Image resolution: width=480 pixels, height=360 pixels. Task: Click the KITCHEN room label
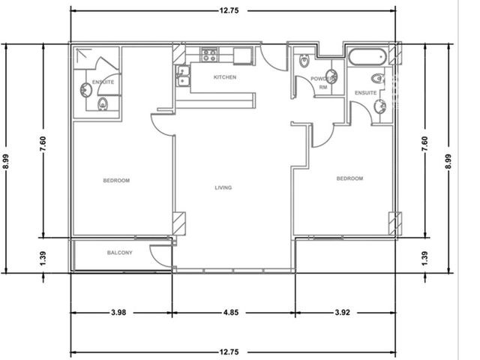coord(225,77)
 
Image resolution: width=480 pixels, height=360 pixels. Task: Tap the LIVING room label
coord(223,187)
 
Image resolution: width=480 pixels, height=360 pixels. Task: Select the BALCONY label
coord(120,253)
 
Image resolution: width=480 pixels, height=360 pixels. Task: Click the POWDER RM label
coord(323,83)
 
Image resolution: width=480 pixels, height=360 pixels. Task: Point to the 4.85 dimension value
coord(230,313)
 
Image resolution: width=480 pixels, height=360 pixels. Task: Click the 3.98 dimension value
coord(118,313)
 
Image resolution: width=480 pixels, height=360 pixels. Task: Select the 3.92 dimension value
coord(342,313)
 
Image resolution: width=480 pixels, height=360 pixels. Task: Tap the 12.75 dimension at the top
coord(229,10)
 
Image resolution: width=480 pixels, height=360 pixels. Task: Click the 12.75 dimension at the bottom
coord(229,352)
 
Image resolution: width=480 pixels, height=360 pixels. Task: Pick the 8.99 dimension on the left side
coord(6,161)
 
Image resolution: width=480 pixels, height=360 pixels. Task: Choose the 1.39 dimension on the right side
coord(424,259)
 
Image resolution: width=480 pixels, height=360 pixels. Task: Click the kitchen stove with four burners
coord(209,55)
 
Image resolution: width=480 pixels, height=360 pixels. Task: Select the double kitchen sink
coord(183,76)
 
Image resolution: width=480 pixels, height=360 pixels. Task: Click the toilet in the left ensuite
coord(103,104)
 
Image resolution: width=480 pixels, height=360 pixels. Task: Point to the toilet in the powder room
coord(304,61)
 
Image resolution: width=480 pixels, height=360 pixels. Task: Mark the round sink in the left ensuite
coord(85,90)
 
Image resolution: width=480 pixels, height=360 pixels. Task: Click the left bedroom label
coord(116,181)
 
